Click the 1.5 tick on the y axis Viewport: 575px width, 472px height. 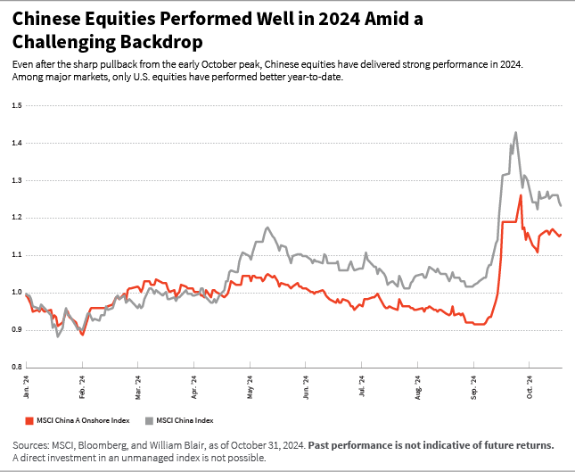tap(17, 105)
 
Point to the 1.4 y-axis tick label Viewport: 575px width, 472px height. tap(17, 143)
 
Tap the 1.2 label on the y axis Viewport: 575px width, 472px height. tap(17, 218)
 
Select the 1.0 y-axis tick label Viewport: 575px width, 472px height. tap(17, 293)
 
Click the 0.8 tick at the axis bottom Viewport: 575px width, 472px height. tap(17, 367)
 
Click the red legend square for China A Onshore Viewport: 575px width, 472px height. tap(27, 419)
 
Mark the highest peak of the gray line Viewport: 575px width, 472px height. tap(515, 133)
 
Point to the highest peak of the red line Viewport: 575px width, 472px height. tap(520, 195)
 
